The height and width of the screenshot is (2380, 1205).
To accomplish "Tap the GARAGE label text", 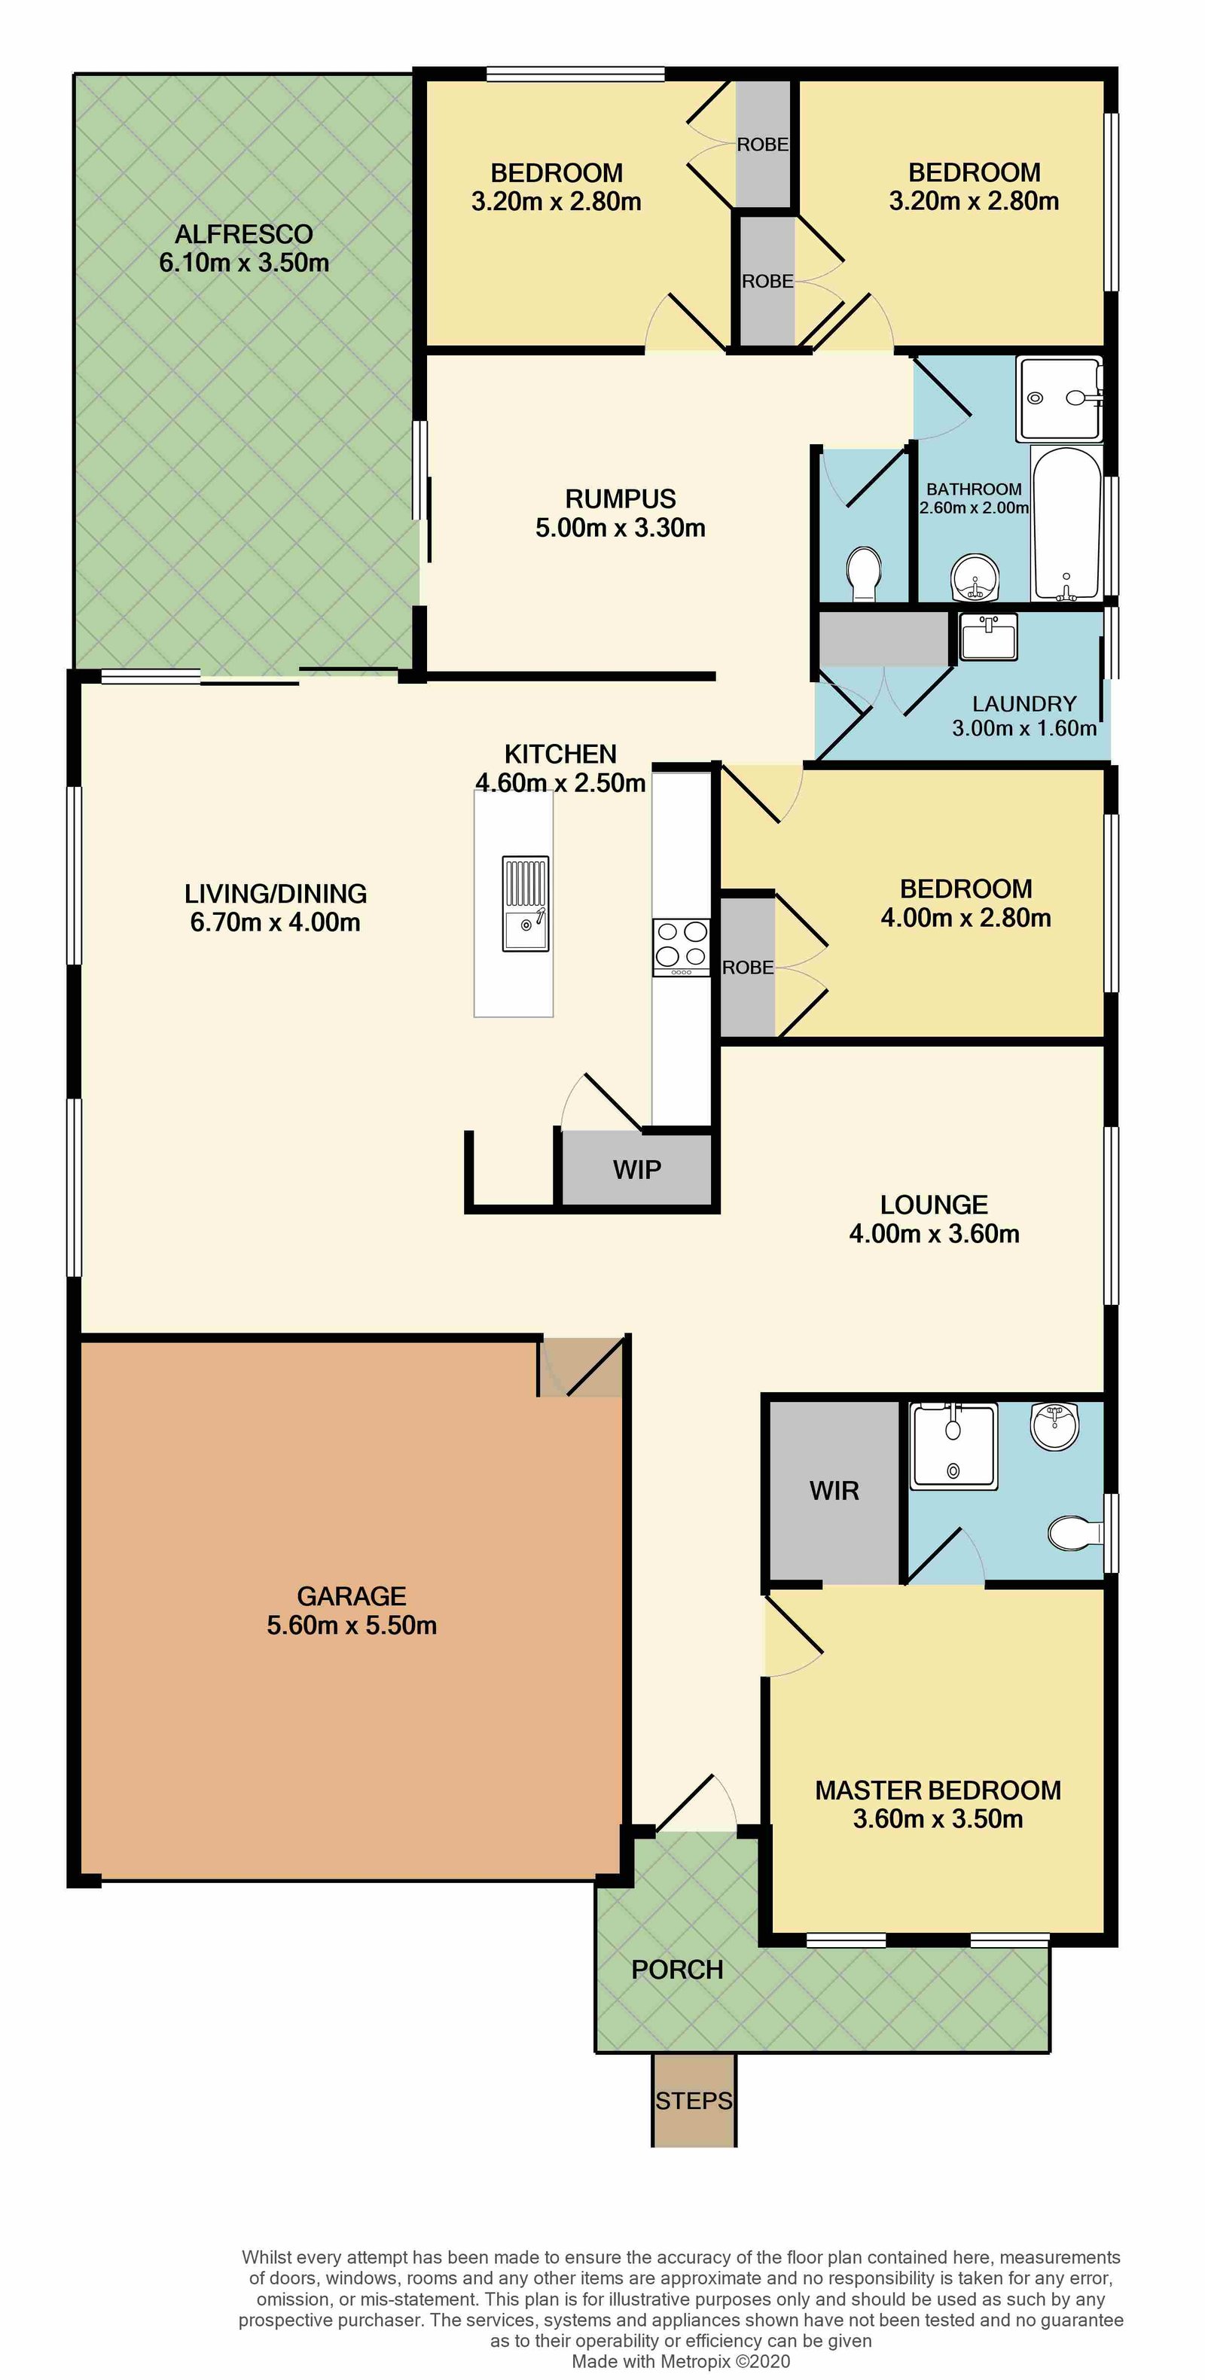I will click(351, 1595).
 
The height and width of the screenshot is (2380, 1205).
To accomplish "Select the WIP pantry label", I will click(636, 1170).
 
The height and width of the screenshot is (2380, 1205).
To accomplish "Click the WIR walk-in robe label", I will click(834, 1490).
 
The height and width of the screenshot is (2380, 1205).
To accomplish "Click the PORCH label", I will click(676, 1970).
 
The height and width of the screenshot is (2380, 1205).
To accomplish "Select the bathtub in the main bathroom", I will click(1066, 524).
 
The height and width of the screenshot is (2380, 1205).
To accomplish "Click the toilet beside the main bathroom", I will click(864, 572).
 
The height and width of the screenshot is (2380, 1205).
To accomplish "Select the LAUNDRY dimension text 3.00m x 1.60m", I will click(1024, 728).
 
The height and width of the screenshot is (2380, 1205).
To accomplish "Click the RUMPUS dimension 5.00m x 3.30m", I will click(620, 528).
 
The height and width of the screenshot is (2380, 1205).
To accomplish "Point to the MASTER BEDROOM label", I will click(937, 1790).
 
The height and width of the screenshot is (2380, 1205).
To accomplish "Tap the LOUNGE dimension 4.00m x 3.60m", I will click(933, 1233).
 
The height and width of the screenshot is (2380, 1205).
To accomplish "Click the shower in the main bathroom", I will click(1059, 398).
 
